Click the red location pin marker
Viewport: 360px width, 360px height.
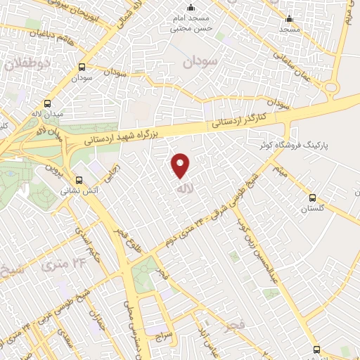click(181, 166)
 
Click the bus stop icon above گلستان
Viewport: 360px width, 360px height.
click(313, 197)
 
